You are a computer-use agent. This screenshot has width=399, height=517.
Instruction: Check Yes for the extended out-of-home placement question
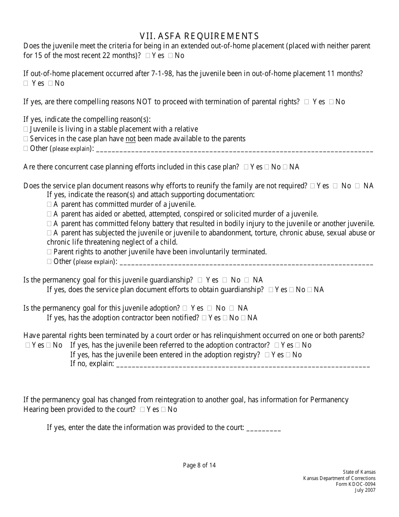pyautogui.click(x=147, y=55)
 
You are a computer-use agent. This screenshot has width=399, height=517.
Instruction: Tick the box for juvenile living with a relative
pyautogui.click(x=26, y=129)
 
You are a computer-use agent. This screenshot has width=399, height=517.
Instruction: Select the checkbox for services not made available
pyautogui.click(x=26, y=139)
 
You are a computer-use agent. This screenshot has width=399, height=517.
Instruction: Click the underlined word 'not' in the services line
pyautogui.click(x=131, y=139)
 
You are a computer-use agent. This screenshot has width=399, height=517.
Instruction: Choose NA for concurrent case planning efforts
pyautogui.click(x=285, y=167)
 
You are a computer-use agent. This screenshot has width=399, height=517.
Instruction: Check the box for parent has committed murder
pyautogui.click(x=49, y=205)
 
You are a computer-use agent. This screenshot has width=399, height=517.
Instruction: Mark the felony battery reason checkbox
pyautogui.click(x=49, y=224)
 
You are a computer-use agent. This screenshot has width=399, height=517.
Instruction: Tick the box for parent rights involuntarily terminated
pyautogui.click(x=49, y=252)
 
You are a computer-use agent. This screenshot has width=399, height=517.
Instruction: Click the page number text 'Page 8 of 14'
pyautogui.click(x=199, y=465)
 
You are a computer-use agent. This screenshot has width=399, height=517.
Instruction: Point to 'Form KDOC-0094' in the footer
pyautogui.click(x=356, y=484)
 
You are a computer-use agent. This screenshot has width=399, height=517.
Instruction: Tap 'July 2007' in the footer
pyautogui.click(x=365, y=490)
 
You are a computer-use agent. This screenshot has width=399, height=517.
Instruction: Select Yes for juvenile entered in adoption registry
pyautogui.click(x=267, y=355)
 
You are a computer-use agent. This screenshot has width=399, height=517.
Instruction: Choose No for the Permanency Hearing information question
pyautogui.click(x=163, y=410)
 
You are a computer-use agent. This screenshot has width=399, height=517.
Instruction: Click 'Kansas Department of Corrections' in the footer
pyautogui.click(x=339, y=478)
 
